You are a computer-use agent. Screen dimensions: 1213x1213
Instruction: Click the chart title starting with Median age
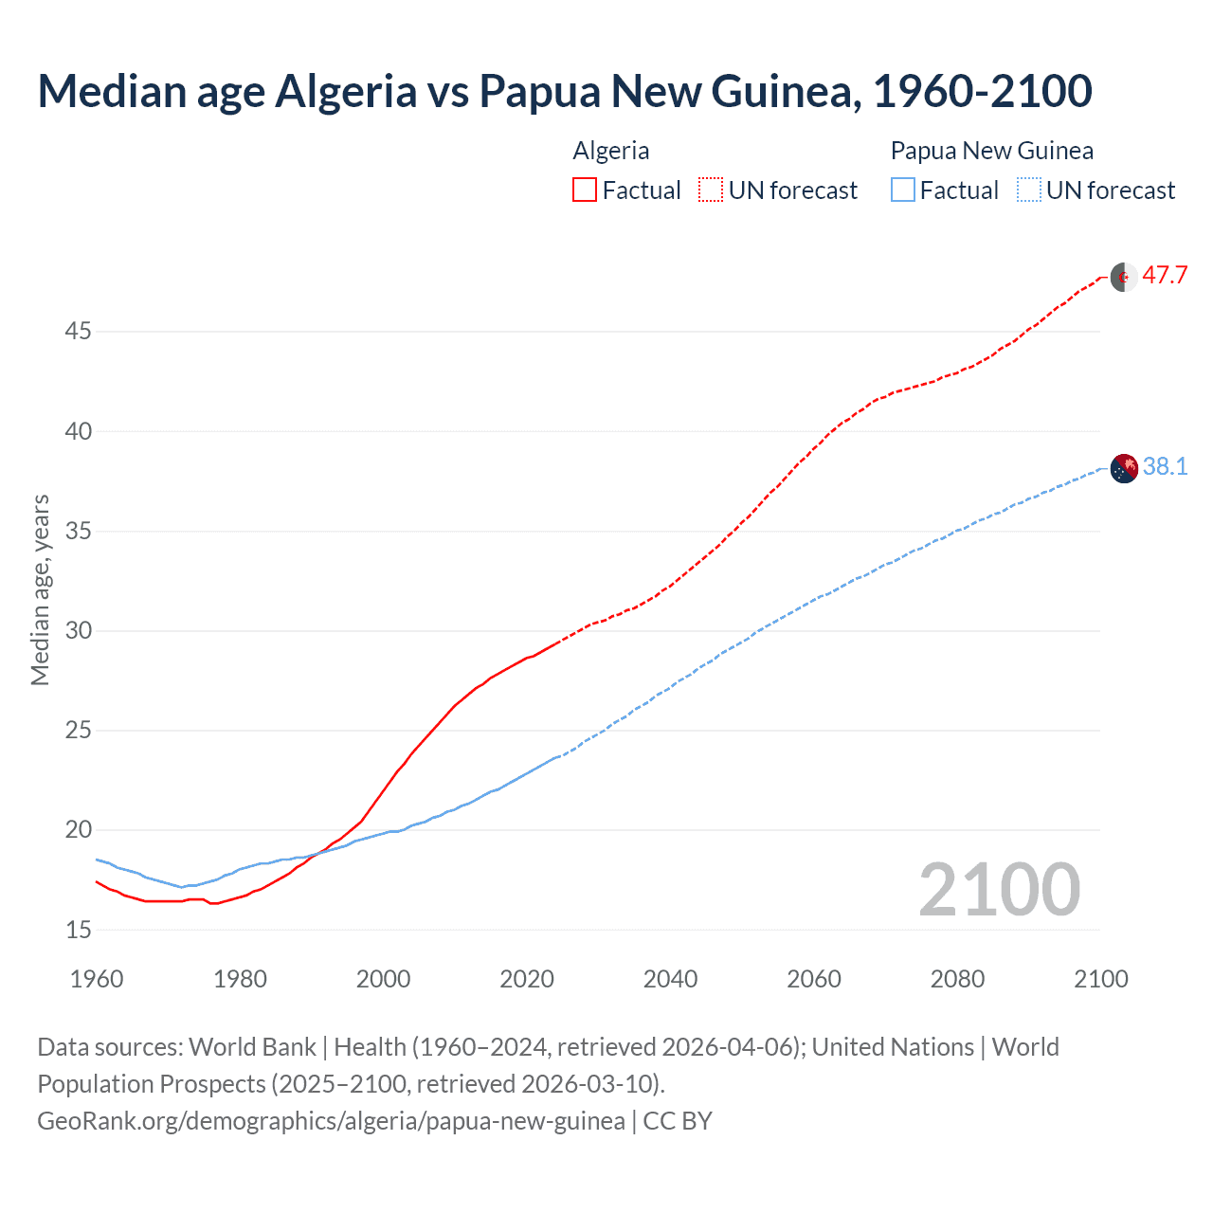point(565,91)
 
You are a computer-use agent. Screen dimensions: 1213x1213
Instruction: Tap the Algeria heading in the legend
point(611,151)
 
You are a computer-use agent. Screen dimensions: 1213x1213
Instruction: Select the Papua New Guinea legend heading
point(991,151)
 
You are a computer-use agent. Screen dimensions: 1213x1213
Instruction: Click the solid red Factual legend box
point(585,190)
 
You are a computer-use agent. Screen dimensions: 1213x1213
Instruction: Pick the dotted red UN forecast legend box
point(711,190)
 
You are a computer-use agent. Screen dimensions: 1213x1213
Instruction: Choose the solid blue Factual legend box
point(903,190)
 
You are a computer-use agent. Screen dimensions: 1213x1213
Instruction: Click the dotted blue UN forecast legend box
point(1028,190)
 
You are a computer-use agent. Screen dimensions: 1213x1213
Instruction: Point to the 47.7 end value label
point(1165,276)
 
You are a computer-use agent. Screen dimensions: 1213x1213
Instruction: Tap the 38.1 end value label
point(1165,466)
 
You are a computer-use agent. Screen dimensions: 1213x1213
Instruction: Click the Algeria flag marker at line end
point(1124,277)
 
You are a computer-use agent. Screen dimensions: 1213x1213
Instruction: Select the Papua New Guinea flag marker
point(1124,468)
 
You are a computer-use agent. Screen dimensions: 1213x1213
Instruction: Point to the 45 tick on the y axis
point(78,332)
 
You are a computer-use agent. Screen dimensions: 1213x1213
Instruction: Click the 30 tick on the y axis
point(78,630)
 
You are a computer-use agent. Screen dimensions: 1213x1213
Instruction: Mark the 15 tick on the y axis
point(78,930)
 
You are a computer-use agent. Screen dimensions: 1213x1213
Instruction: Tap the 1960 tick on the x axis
point(97,979)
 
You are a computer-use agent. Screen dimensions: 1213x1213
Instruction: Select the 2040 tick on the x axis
point(670,979)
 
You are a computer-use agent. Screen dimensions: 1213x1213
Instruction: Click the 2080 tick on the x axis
point(957,979)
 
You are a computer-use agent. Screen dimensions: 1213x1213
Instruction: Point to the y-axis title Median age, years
point(40,589)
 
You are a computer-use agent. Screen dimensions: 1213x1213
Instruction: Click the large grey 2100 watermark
point(999,889)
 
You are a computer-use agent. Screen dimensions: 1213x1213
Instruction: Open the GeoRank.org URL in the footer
point(331,1121)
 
